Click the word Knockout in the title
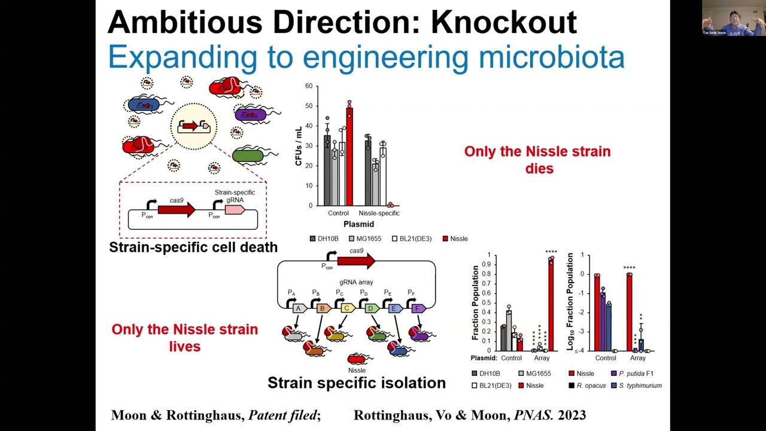(503, 22)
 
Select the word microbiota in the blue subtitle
(551, 57)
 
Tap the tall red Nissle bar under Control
(349, 156)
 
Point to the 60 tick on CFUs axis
(309, 86)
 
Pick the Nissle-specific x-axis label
(379, 213)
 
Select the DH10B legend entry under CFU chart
(324, 239)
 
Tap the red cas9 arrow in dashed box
(177, 210)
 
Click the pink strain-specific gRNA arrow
(235, 210)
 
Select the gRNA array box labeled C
(347, 308)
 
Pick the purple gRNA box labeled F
(418, 308)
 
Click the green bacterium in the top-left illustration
(248, 156)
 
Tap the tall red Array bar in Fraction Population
(551, 305)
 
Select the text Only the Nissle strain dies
(537, 160)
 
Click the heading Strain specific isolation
(356, 383)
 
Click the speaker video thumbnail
(733, 18)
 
